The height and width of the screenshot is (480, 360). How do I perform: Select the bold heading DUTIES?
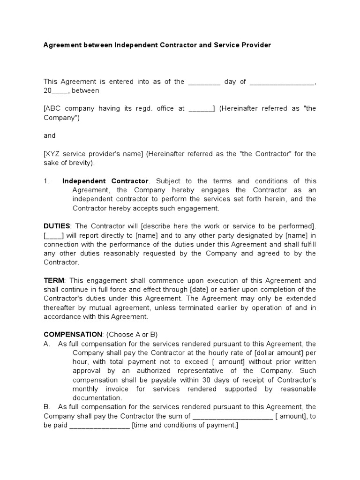pyautogui.click(x=57, y=226)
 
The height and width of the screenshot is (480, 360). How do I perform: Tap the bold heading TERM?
pyautogui.click(x=54, y=280)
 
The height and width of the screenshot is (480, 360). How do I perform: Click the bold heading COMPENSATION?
pyautogui.click(x=73, y=334)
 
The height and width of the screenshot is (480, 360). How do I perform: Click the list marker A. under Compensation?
pyautogui.click(x=47, y=344)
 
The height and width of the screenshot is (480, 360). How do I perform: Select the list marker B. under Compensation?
pyautogui.click(x=47, y=407)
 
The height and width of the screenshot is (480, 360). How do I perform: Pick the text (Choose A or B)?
pyautogui.click(x=132, y=334)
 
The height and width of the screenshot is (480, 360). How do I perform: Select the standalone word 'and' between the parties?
pyautogui.click(x=49, y=135)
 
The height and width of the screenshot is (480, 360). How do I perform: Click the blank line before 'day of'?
pyautogui.click(x=204, y=82)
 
